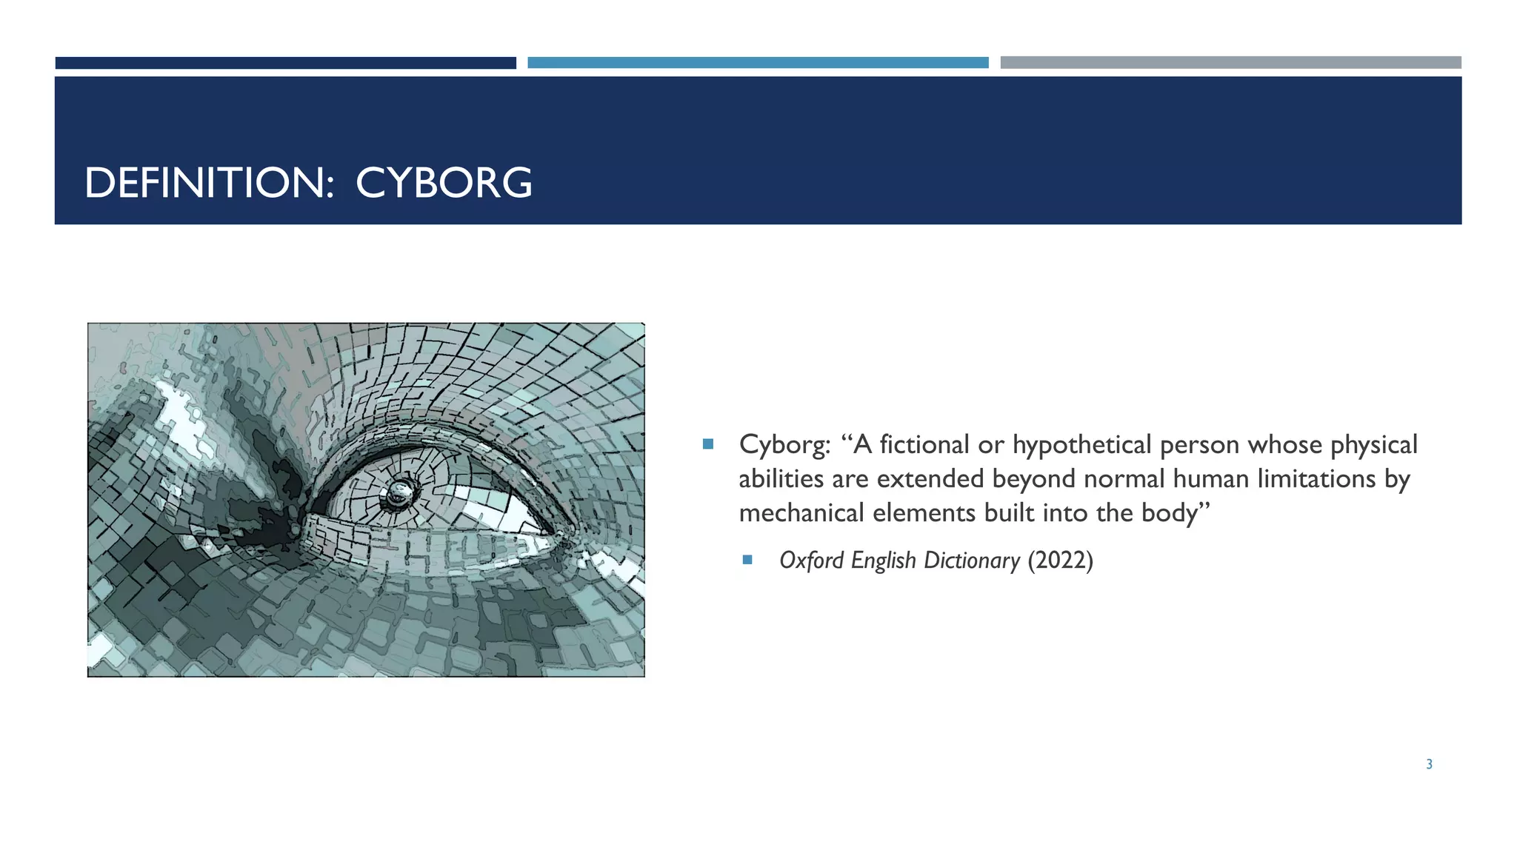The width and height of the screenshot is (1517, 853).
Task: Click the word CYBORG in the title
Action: pos(444,183)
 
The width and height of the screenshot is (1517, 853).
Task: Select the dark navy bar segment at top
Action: pos(285,63)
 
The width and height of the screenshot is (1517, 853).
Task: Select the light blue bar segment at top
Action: pos(758,63)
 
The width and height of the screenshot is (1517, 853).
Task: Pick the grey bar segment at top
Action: pos(1230,63)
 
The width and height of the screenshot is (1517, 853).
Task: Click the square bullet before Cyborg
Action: pos(708,444)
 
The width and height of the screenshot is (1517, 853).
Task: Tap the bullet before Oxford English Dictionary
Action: pos(747,560)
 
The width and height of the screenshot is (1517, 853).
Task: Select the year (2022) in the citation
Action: pos(1060,561)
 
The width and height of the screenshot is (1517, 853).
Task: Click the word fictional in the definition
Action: pos(924,445)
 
